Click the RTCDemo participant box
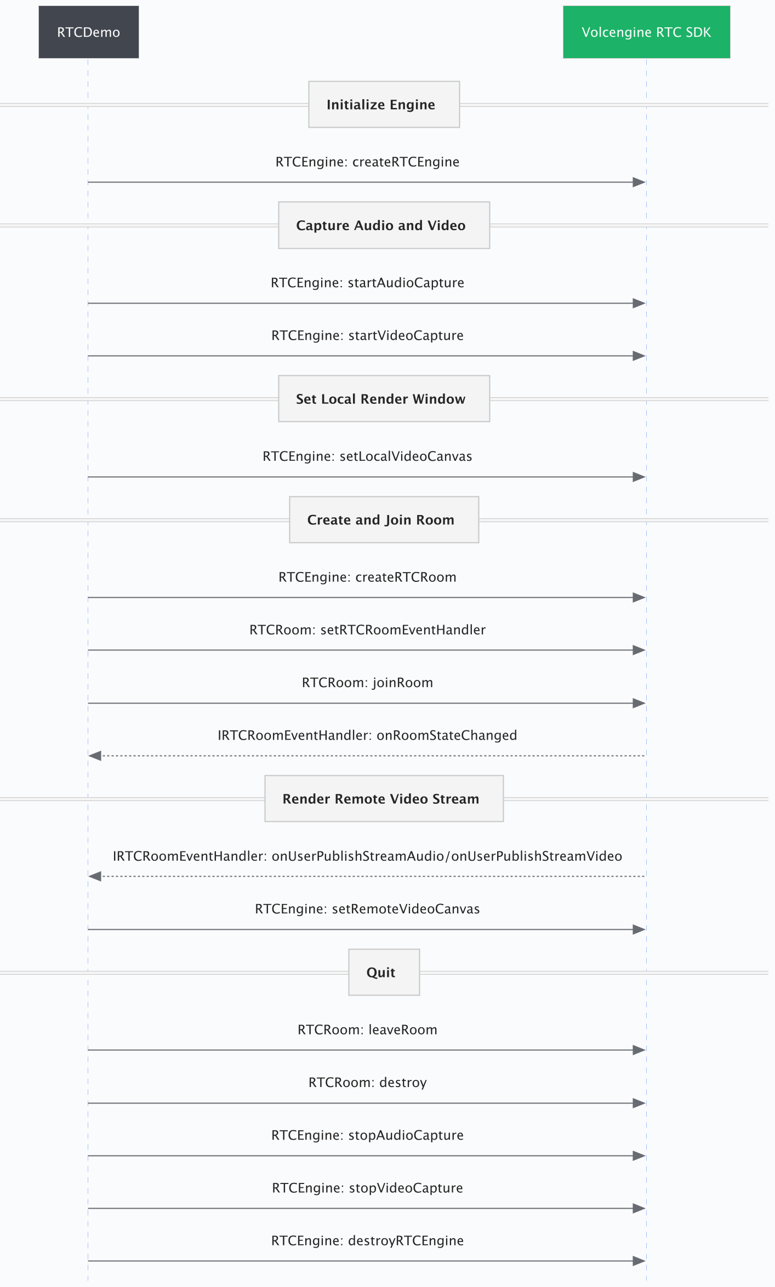tap(88, 32)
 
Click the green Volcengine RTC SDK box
tap(646, 32)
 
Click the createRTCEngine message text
tap(367, 162)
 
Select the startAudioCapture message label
tap(367, 283)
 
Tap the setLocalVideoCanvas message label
tap(367, 456)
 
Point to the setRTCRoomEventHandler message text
tap(367, 630)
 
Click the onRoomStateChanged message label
tap(367, 735)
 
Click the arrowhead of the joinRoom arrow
tap(639, 703)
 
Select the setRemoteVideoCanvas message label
tap(367, 909)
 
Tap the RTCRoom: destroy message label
tap(367, 1083)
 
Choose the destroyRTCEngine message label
tap(367, 1240)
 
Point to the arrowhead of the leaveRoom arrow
tap(639, 1050)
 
